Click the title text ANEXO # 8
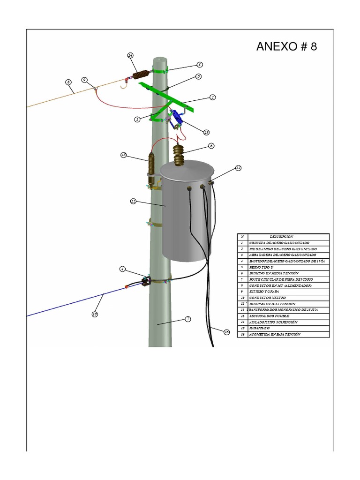click(x=286, y=47)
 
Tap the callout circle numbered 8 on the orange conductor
click(x=68, y=82)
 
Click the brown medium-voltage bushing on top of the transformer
click(x=179, y=155)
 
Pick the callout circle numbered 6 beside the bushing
click(x=211, y=146)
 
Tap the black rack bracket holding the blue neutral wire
click(x=144, y=282)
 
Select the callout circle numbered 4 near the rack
click(x=122, y=269)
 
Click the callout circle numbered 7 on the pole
click(x=187, y=319)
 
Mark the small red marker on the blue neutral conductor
click(x=126, y=286)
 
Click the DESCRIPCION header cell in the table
click(x=281, y=237)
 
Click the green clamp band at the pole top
click(x=159, y=72)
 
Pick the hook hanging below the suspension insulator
click(x=124, y=84)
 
